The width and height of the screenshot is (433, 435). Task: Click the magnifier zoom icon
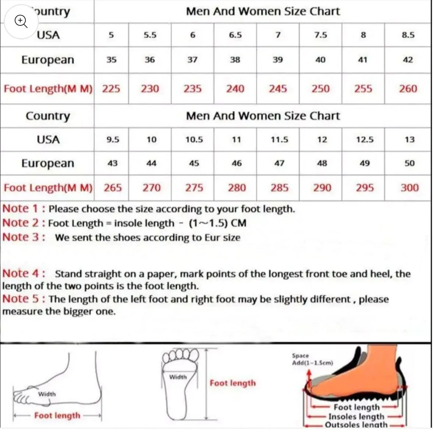coord(21,21)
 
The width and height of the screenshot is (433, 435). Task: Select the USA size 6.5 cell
coord(235,35)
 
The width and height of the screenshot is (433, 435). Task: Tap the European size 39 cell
coord(278,60)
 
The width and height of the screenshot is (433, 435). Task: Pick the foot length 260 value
coord(408,89)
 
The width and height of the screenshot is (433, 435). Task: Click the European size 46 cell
coord(237,163)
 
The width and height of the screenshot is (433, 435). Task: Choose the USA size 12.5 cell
coord(365,140)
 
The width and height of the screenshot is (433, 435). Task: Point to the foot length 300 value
coord(409,188)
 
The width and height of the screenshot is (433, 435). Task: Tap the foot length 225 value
coord(111,89)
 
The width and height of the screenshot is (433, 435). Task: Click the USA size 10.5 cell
coord(194,140)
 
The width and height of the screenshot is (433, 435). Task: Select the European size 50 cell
coord(409,163)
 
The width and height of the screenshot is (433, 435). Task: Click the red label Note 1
coord(23,209)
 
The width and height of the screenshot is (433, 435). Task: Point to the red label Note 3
coord(23,237)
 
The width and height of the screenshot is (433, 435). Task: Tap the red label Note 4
coord(23,274)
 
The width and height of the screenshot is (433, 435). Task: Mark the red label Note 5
coord(23,299)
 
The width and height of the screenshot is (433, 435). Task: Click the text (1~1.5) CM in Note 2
coord(218,223)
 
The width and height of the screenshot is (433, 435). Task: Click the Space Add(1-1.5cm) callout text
coord(312,359)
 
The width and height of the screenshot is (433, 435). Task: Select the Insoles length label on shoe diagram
coord(356,417)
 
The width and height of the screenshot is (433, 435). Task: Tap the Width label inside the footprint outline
coord(178,377)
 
